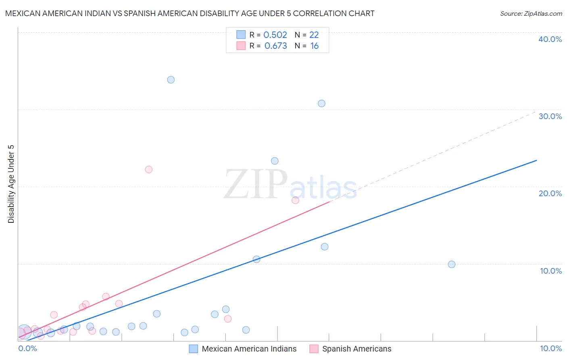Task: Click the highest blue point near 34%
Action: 171,80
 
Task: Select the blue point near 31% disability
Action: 321,103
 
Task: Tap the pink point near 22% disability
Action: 149,170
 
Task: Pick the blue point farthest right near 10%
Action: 452,264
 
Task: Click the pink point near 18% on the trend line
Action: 295,200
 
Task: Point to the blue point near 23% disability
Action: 275,161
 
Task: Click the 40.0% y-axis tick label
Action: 550,39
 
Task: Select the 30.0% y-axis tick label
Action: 550,116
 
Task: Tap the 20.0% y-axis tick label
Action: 550,193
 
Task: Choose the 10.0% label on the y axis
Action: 551,271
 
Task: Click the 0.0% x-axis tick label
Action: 27,348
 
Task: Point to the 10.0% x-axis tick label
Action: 551,348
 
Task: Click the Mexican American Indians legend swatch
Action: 194,349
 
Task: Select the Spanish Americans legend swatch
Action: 314,349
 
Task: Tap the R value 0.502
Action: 275,35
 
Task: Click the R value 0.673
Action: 275,46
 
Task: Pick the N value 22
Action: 314,35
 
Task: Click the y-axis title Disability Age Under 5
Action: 11,184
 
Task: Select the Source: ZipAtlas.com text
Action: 531,13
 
